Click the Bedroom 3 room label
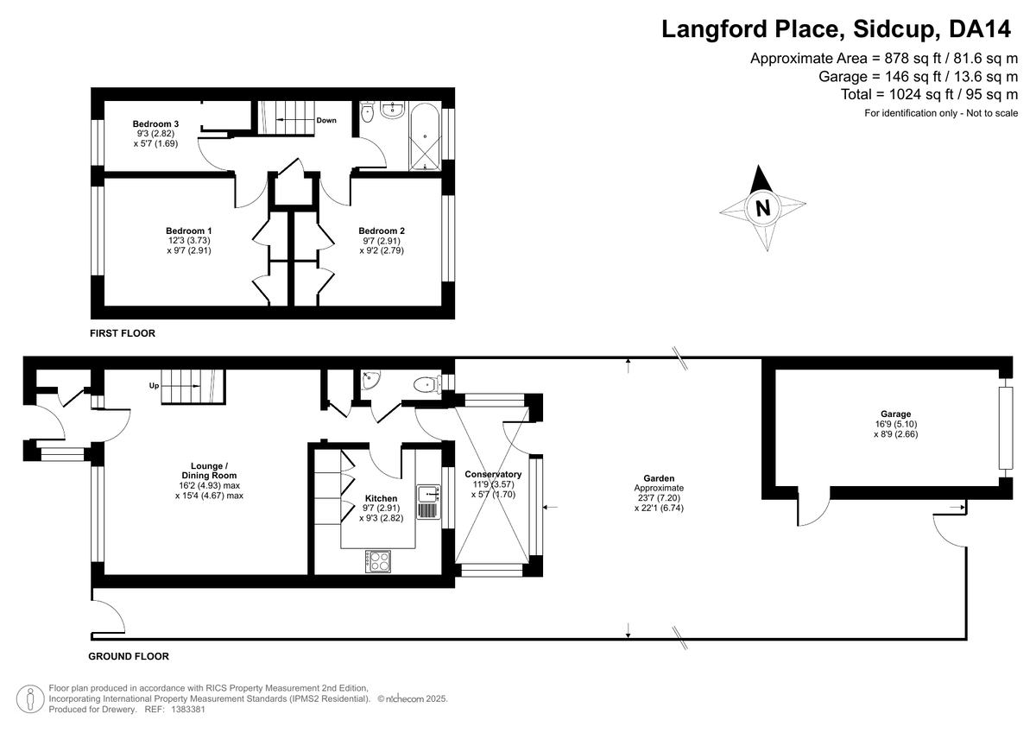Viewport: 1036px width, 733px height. [x=155, y=124]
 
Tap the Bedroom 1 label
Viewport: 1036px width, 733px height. [x=189, y=231]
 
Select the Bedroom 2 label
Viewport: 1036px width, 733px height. [x=382, y=231]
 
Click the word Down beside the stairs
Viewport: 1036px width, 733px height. [x=326, y=120]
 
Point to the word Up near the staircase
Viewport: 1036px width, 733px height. [x=154, y=385]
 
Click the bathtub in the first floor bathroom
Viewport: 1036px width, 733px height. [x=425, y=137]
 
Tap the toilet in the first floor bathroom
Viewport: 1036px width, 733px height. [x=367, y=112]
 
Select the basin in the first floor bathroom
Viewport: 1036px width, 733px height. [x=393, y=110]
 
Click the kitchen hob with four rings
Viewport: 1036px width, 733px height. [x=378, y=561]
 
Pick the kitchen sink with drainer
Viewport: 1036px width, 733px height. [x=429, y=502]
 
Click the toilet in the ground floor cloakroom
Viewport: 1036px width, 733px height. [x=427, y=385]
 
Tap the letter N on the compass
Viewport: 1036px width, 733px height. [x=762, y=208]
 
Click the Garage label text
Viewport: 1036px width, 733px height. [x=895, y=414]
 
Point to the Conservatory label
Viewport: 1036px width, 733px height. [x=493, y=474]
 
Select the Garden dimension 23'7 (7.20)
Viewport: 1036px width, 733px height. [x=659, y=498]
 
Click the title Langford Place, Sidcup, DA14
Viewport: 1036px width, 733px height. [x=837, y=28]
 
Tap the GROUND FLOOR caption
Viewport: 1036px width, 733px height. [x=129, y=656]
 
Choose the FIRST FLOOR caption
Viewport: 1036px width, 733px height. [x=123, y=333]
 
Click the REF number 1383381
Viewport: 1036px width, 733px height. [x=188, y=709]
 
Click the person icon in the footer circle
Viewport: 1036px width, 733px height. [x=30, y=698]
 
